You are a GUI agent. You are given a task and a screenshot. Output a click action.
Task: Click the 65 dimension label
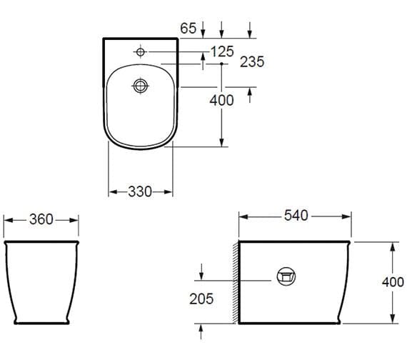coord(189,28)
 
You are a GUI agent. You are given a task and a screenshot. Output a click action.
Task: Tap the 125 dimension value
coord(222,51)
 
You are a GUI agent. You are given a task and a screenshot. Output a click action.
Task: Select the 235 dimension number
coord(252,62)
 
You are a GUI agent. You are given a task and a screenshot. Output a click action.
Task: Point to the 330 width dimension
coord(140,192)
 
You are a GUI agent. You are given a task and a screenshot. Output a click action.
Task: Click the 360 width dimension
coord(41,219)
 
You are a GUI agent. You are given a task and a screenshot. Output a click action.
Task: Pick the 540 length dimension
coord(296,216)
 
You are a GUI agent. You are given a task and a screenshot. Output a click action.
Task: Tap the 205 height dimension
coord(201,299)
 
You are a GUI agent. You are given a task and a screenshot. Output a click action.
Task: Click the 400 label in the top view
coord(221,100)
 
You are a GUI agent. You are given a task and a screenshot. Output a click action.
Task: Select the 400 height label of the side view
coord(393,282)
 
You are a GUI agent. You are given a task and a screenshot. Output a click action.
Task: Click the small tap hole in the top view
coord(141,52)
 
